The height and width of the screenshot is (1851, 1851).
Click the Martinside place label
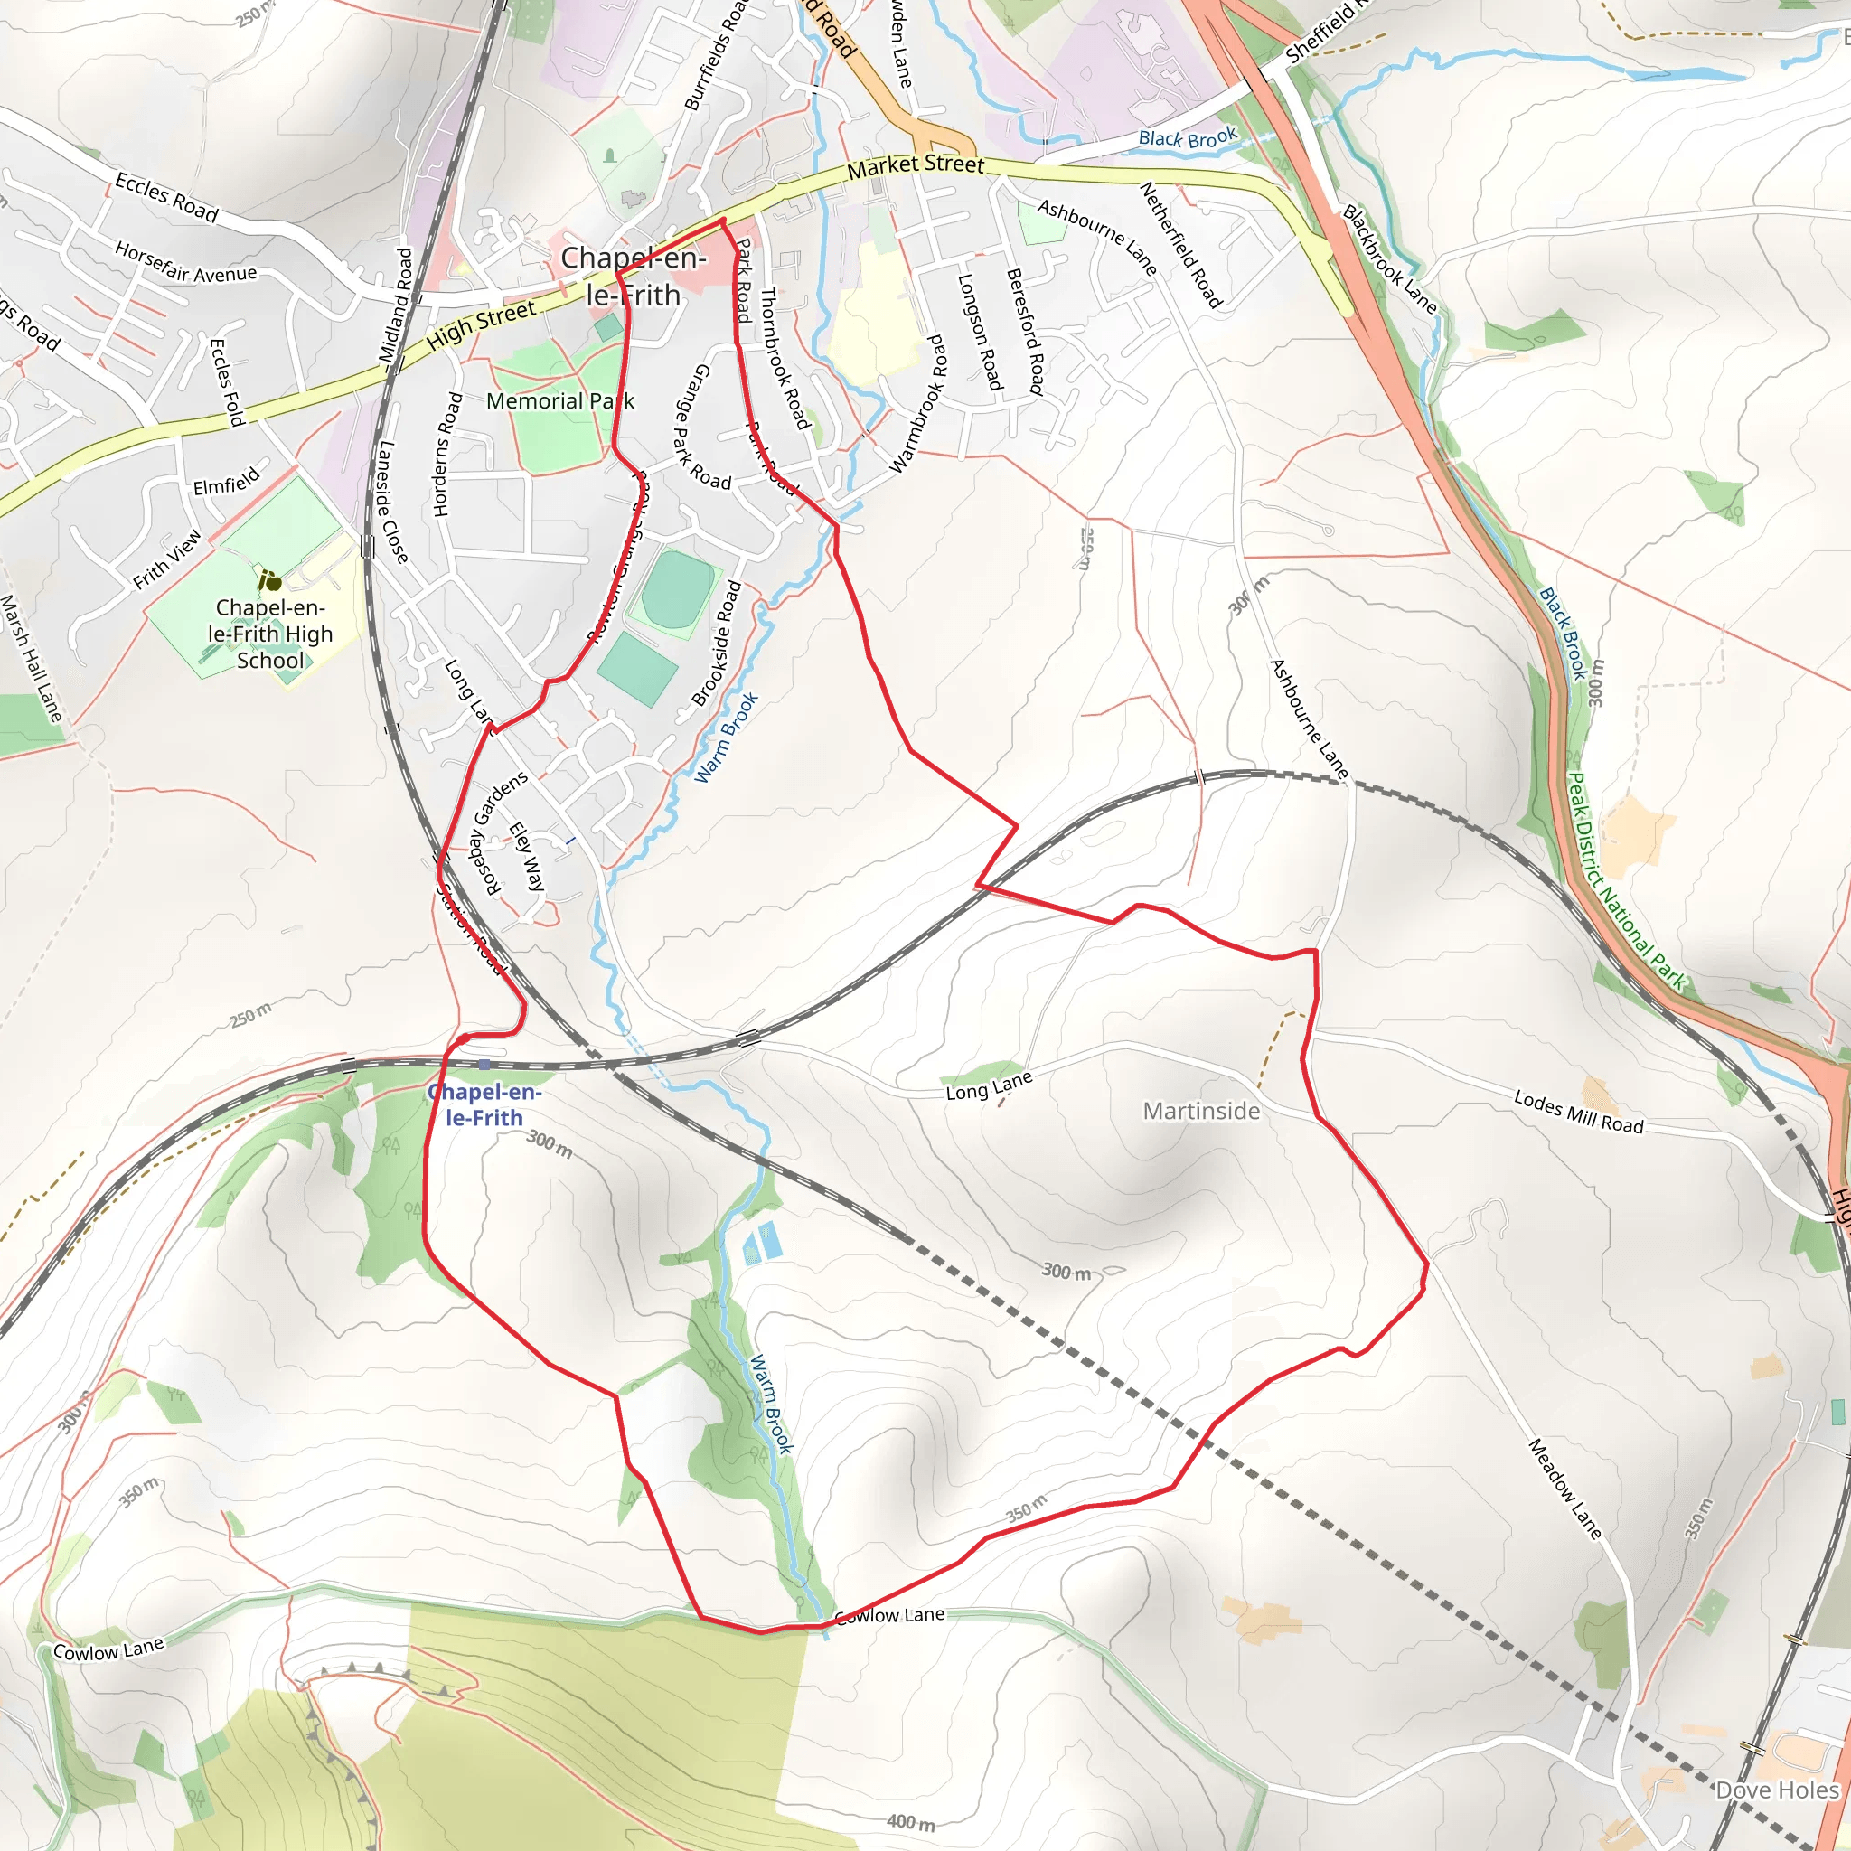pos(1200,1112)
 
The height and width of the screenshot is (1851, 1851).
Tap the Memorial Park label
pos(559,401)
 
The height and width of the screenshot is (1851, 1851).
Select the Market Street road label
pos(915,165)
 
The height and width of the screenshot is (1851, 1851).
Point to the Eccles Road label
pos(166,196)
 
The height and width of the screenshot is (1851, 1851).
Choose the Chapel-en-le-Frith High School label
pos(270,634)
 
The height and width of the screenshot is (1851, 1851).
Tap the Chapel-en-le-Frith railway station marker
pos(484,1065)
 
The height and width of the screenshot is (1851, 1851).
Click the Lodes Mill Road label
pos(1578,1113)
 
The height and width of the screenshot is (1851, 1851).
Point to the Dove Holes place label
pos(1777,1790)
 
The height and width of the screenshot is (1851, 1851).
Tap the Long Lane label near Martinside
pos(989,1085)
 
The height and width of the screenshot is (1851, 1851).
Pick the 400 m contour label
pos(910,1821)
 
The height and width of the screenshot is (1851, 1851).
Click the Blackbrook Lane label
pos(1389,259)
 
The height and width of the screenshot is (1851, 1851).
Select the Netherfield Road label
pos(1180,245)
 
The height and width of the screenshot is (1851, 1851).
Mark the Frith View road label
pos(168,559)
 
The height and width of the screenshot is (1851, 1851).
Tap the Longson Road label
pos(980,333)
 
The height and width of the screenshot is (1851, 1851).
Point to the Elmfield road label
pos(226,481)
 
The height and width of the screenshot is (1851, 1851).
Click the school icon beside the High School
pos(270,580)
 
